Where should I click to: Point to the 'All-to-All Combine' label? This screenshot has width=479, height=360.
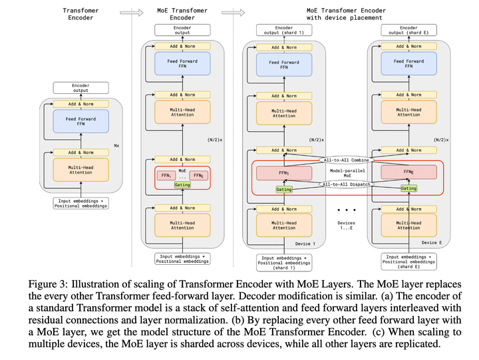346,160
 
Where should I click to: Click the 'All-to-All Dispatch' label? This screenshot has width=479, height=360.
346,184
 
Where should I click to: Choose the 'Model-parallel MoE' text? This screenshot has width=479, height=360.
346,172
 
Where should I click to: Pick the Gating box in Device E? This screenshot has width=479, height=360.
408,188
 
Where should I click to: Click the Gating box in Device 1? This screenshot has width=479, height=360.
284,189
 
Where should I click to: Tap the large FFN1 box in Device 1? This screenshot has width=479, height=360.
284,172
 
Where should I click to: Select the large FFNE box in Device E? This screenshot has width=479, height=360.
408,172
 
